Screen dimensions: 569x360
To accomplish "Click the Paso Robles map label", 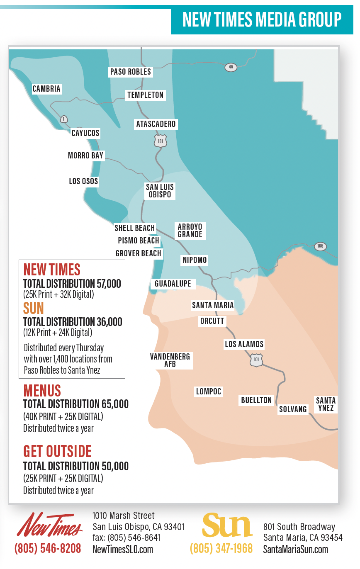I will click(x=131, y=72).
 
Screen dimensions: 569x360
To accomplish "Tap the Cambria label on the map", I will click(x=46, y=89).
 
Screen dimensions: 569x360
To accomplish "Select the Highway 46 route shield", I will click(x=231, y=67).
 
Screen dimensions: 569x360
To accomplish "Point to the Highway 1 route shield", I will click(x=63, y=119).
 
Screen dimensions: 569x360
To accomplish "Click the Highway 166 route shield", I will click(x=320, y=246).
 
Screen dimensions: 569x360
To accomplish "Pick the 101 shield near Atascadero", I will click(x=160, y=141).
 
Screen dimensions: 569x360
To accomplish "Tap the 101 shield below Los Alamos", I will click(x=256, y=360).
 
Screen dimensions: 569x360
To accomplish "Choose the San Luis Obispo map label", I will click(x=160, y=191).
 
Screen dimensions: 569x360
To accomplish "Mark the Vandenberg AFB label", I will click(x=170, y=360).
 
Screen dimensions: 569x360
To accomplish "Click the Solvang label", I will click(x=293, y=409).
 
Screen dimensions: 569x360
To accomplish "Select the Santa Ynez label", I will click(x=326, y=404).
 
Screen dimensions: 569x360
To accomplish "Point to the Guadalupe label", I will click(x=173, y=284).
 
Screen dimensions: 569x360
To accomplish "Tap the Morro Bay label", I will click(x=85, y=156).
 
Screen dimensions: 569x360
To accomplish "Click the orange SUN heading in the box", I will click(x=34, y=308).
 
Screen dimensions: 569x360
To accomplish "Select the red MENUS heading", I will click(x=42, y=391).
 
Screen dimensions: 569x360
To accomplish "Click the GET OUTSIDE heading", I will click(x=57, y=452).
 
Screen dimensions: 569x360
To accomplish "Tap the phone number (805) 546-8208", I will click(x=48, y=549).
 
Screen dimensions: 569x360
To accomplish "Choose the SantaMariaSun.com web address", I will click(x=295, y=550).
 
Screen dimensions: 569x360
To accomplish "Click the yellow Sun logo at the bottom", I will click(x=227, y=526).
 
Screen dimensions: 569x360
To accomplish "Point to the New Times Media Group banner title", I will click(x=262, y=19).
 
